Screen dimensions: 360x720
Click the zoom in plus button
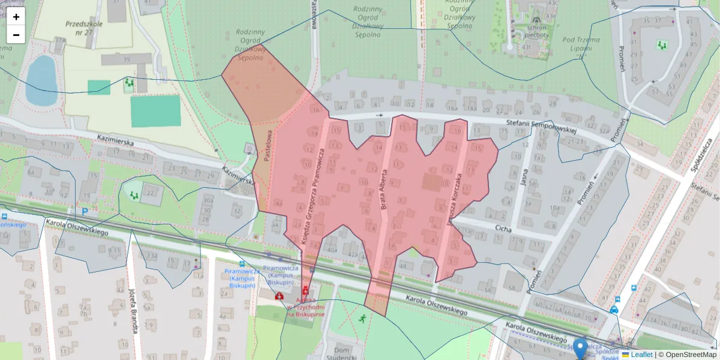16,17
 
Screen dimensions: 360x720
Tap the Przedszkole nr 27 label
85,28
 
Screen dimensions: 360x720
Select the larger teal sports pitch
155,111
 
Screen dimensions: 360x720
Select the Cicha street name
503,228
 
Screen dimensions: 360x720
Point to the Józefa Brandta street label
133,309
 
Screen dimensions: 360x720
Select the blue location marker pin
580,347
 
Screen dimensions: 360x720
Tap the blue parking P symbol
85,211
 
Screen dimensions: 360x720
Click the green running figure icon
362,319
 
